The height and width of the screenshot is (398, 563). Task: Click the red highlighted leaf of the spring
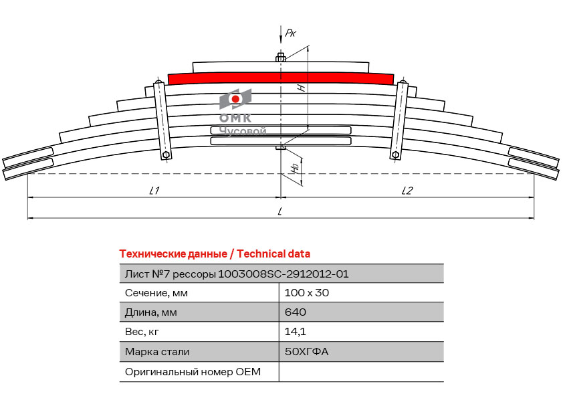(281, 79)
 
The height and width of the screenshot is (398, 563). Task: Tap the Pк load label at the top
(290, 33)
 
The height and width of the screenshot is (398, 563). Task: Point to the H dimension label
(302, 87)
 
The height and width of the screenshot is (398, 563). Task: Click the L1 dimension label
(154, 191)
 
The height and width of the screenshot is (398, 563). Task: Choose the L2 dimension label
(407, 191)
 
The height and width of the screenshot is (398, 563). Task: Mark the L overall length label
(279, 211)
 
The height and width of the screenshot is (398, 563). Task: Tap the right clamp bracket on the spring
(400, 120)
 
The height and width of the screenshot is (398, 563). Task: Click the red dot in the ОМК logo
(235, 99)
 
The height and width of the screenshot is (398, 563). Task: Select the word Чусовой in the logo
(243, 131)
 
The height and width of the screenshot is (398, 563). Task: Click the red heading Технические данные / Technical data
(215, 254)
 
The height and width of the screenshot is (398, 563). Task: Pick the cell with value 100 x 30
(307, 293)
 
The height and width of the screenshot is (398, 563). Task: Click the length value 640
(296, 312)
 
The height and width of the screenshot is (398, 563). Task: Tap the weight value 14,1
(296, 332)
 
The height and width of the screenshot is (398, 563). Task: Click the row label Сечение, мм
(156, 293)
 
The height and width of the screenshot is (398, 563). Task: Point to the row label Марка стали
(157, 351)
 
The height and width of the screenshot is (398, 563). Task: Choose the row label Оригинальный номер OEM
(193, 371)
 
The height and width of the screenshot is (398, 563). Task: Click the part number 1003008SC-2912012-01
(284, 274)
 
